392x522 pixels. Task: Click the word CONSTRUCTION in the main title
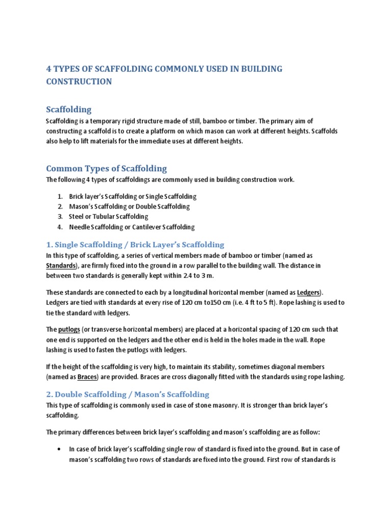(x=79, y=82)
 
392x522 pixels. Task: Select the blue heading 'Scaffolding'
(x=69, y=109)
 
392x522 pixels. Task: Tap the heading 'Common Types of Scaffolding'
(x=106, y=168)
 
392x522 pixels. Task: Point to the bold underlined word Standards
(x=61, y=266)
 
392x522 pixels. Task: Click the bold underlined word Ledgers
(x=308, y=293)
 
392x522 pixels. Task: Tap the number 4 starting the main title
(x=49, y=69)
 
